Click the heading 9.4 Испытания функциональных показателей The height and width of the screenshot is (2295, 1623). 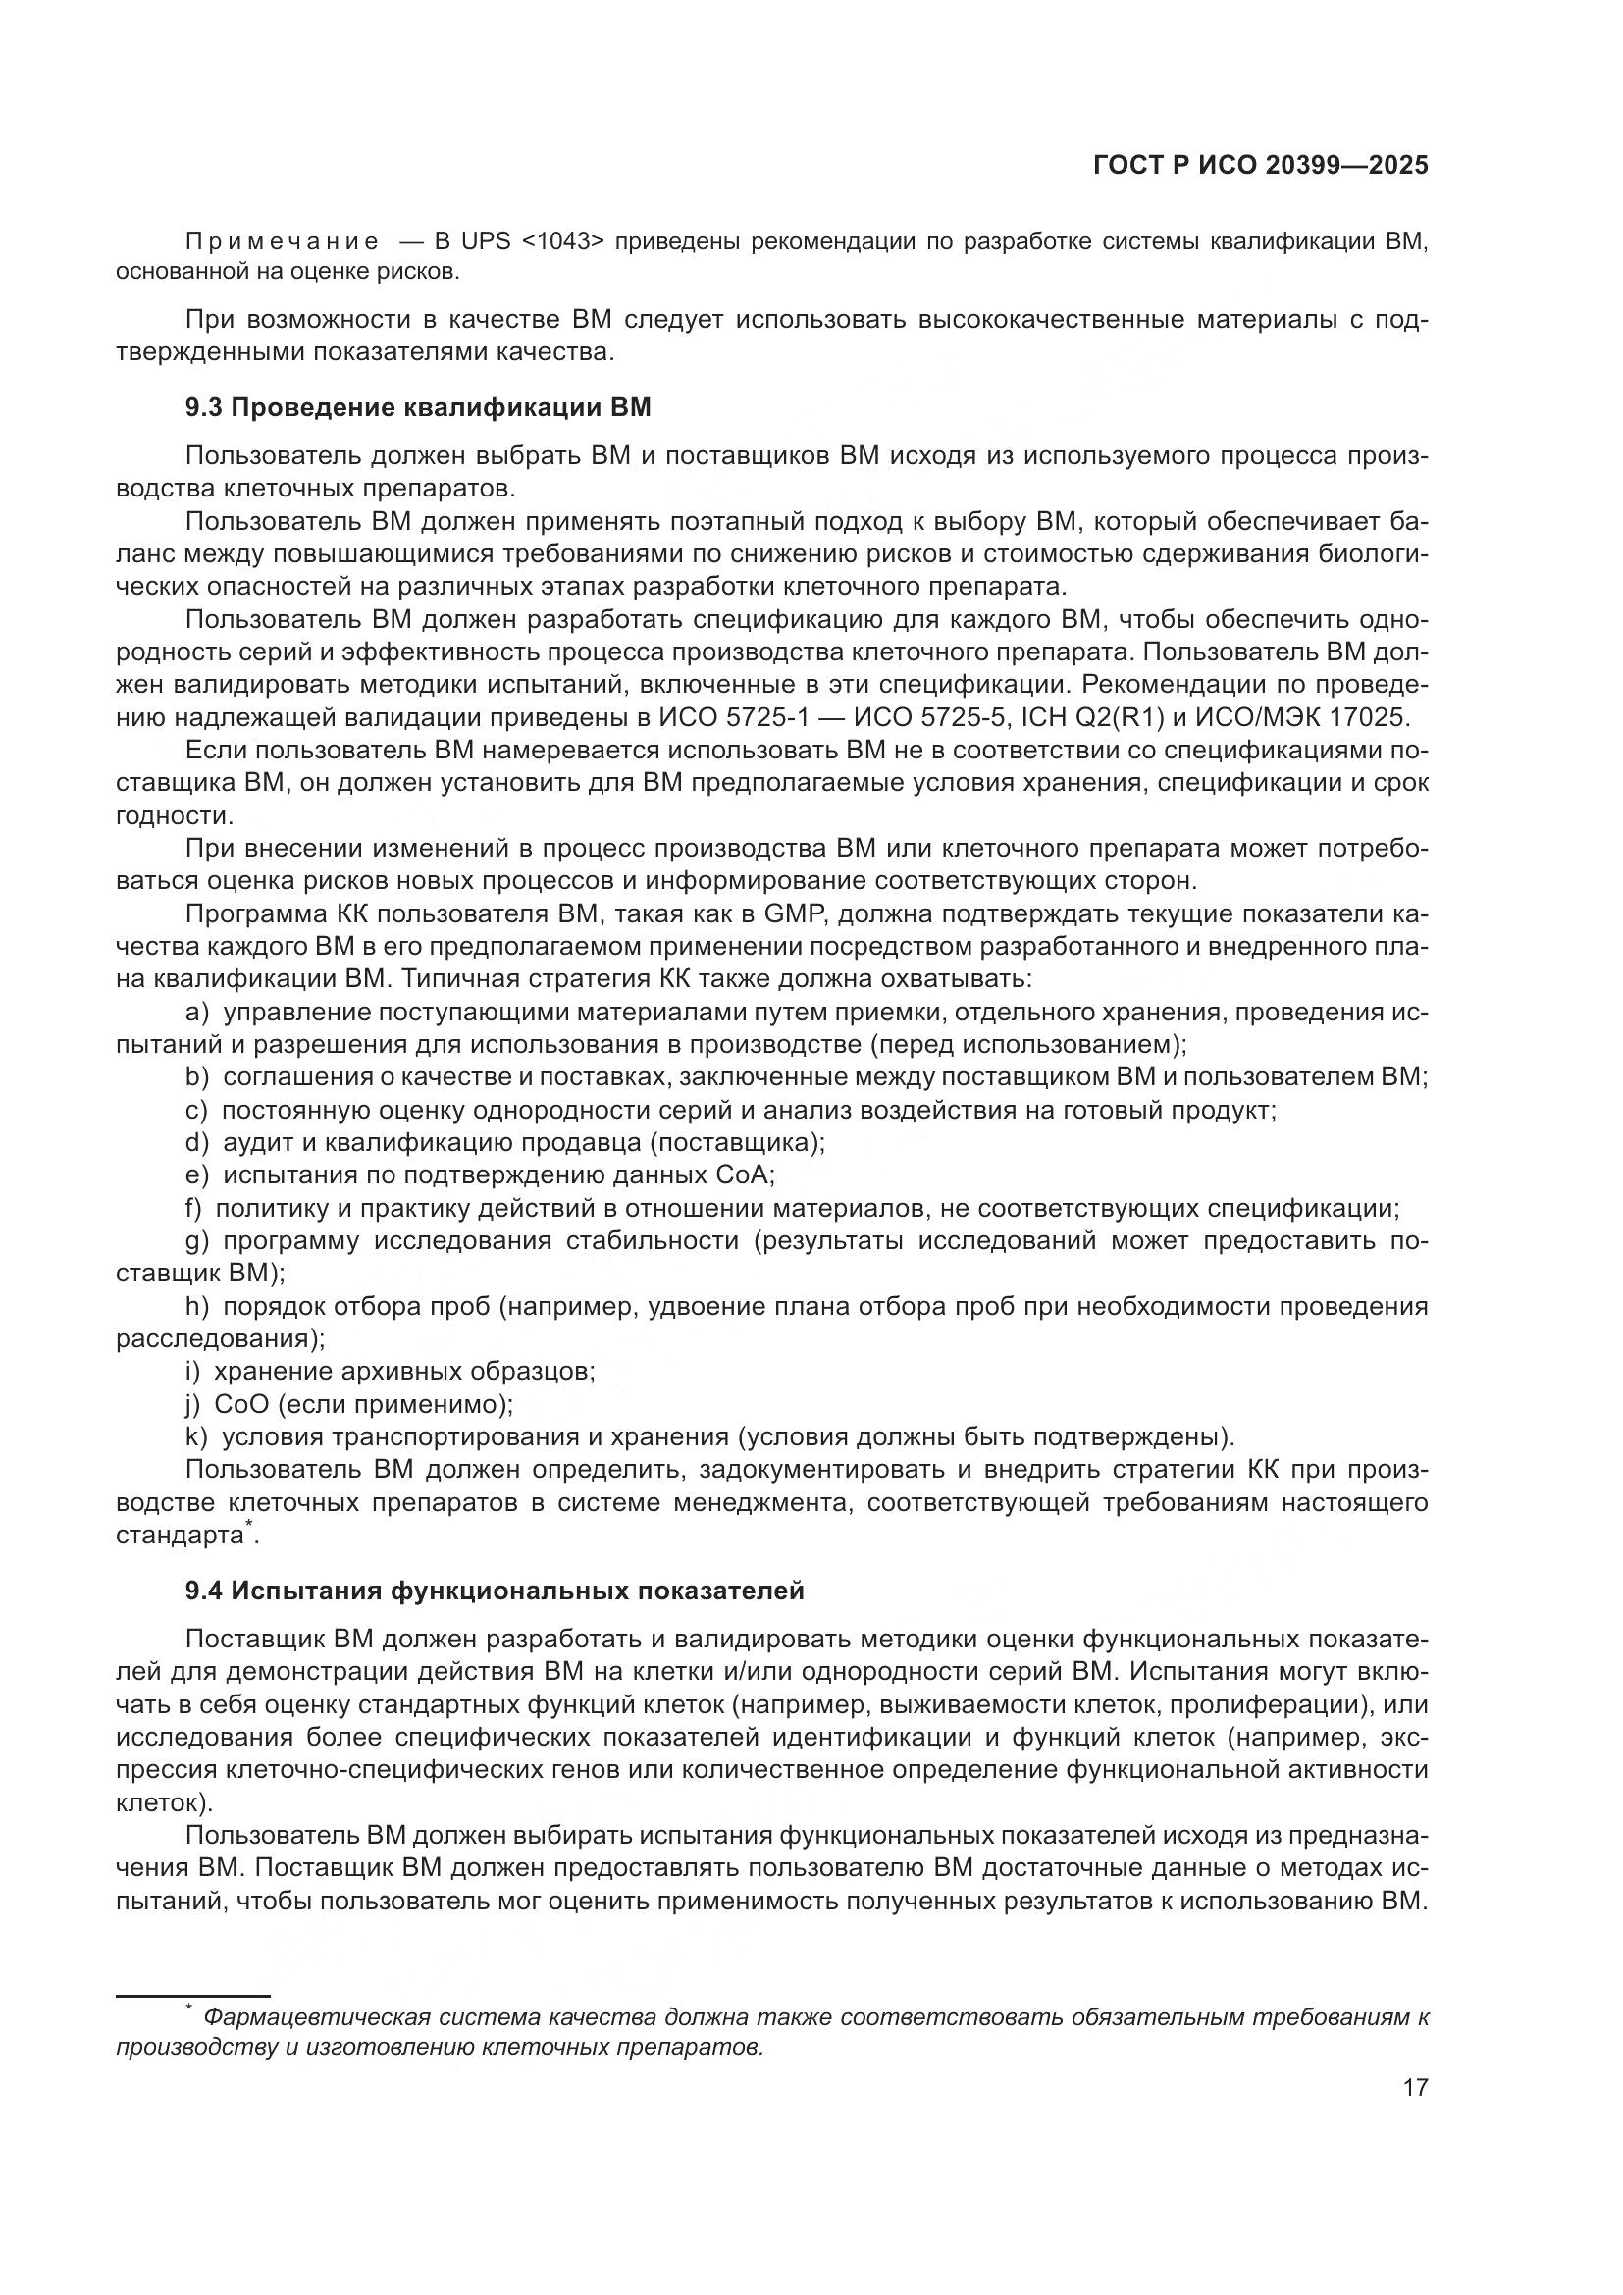495,1591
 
